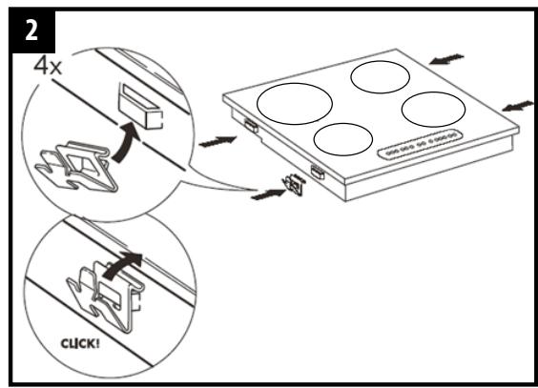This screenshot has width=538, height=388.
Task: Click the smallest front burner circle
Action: [x=343, y=140]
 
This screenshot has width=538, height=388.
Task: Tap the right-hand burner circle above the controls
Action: [x=432, y=109]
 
